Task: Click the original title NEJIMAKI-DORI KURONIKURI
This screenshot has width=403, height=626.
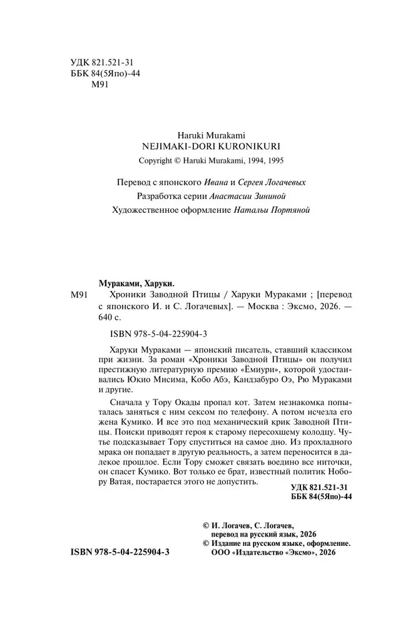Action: point(203,144)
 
